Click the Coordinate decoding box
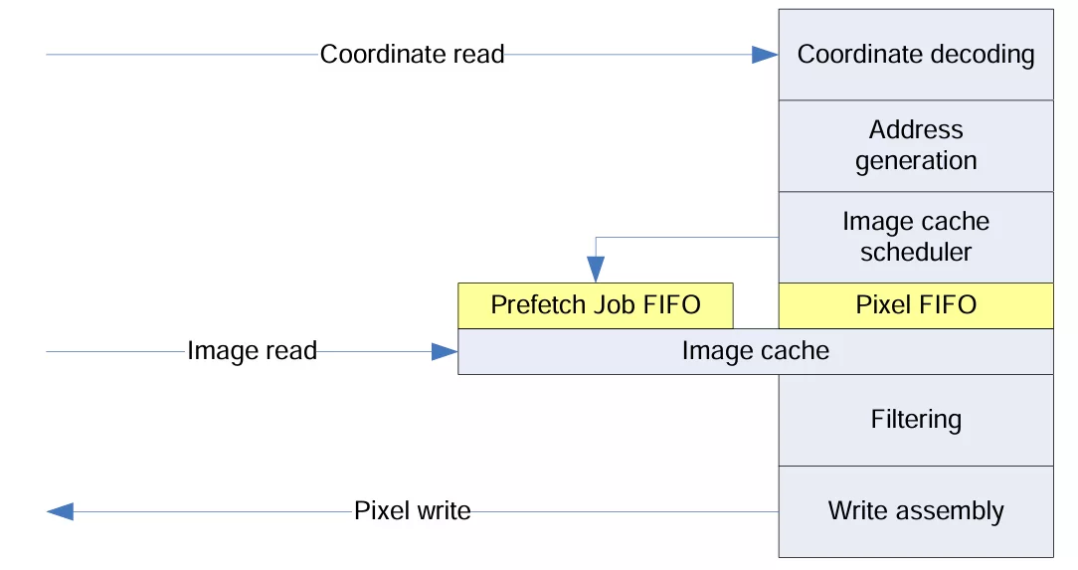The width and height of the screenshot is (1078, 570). click(915, 55)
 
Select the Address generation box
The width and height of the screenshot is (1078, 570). click(915, 145)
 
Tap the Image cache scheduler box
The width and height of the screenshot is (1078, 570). click(915, 237)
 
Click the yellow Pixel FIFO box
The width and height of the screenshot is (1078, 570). click(915, 304)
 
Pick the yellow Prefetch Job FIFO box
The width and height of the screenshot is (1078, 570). click(595, 304)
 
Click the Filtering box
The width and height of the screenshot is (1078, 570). click(915, 419)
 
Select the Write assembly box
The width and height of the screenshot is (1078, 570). click(915, 511)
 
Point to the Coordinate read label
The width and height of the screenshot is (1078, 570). click(412, 54)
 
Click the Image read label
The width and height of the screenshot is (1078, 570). click(252, 350)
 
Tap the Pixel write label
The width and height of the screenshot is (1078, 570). click(412, 511)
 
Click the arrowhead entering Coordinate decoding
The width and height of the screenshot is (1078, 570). click(765, 55)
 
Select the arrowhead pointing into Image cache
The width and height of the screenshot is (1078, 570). click(445, 351)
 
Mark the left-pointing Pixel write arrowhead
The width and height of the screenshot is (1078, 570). click(61, 511)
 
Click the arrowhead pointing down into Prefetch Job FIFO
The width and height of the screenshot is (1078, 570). click(596, 269)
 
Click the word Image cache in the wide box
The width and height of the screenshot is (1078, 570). click(755, 350)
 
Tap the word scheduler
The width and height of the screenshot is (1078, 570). click(915, 252)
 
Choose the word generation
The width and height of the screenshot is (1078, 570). click(915, 160)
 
